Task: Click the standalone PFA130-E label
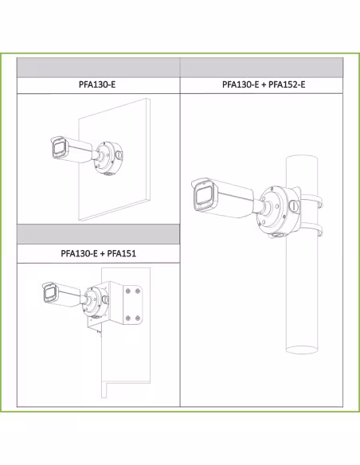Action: [x=97, y=84]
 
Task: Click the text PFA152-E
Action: [x=287, y=84]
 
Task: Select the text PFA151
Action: [x=122, y=253]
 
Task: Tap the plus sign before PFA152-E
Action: [x=264, y=85]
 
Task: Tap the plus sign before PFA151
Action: [x=102, y=254]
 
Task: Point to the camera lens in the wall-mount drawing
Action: [x=59, y=148]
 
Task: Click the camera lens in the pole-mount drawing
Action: [x=204, y=197]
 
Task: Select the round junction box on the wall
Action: [x=108, y=158]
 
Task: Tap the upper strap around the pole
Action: [x=312, y=200]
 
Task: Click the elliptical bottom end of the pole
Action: [x=302, y=350]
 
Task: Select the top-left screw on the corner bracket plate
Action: [x=128, y=291]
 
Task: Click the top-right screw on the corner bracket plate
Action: [x=138, y=291]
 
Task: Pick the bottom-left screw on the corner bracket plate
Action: [x=128, y=318]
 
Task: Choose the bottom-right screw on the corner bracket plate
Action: [x=138, y=318]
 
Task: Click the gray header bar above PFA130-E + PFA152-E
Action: [x=261, y=68]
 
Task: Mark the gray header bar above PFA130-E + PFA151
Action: [x=98, y=234]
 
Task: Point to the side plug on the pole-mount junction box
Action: [x=294, y=206]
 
